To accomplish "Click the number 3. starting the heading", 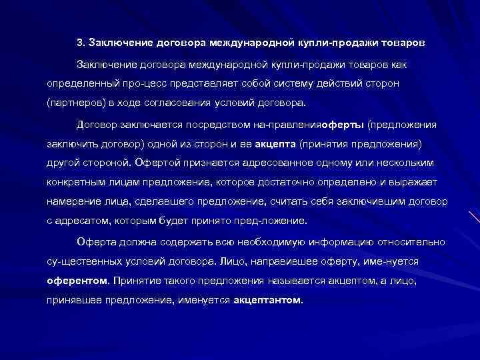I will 81,43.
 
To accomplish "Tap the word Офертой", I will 153,162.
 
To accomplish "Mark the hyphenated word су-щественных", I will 79,261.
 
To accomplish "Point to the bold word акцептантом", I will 267,300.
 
